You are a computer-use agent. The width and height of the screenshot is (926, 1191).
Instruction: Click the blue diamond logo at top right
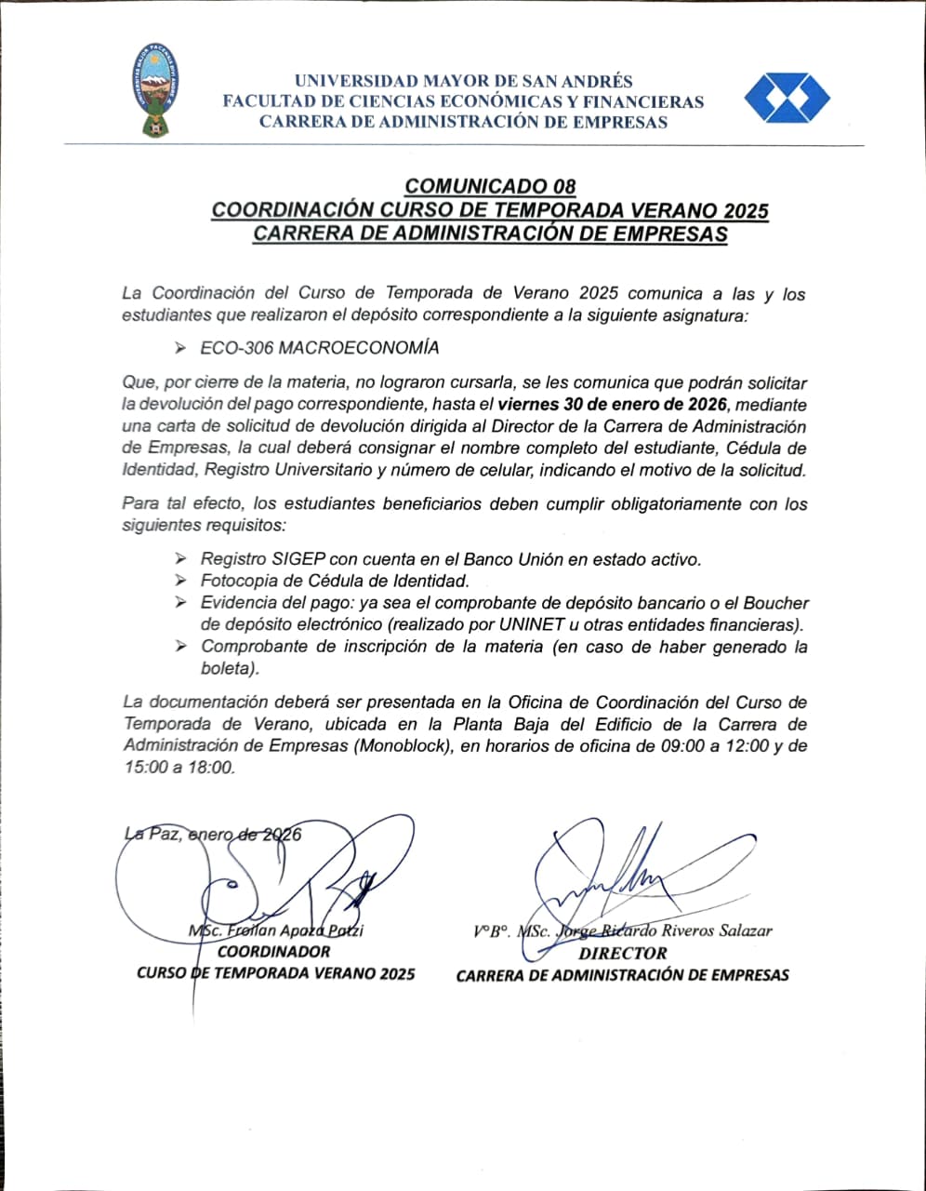point(787,98)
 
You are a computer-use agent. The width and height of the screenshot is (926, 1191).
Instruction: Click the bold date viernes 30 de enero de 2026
point(612,405)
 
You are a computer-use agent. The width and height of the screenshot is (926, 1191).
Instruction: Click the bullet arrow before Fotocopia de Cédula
point(179,582)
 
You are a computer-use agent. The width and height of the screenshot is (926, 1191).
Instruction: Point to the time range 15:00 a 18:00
point(178,768)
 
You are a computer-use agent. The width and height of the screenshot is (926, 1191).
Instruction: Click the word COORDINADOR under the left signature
point(273,952)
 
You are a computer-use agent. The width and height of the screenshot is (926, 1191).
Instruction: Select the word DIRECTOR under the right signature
point(622,953)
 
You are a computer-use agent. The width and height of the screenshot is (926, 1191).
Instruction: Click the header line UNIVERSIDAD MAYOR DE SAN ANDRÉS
point(463,82)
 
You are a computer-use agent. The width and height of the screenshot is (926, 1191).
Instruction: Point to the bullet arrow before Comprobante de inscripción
point(179,647)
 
